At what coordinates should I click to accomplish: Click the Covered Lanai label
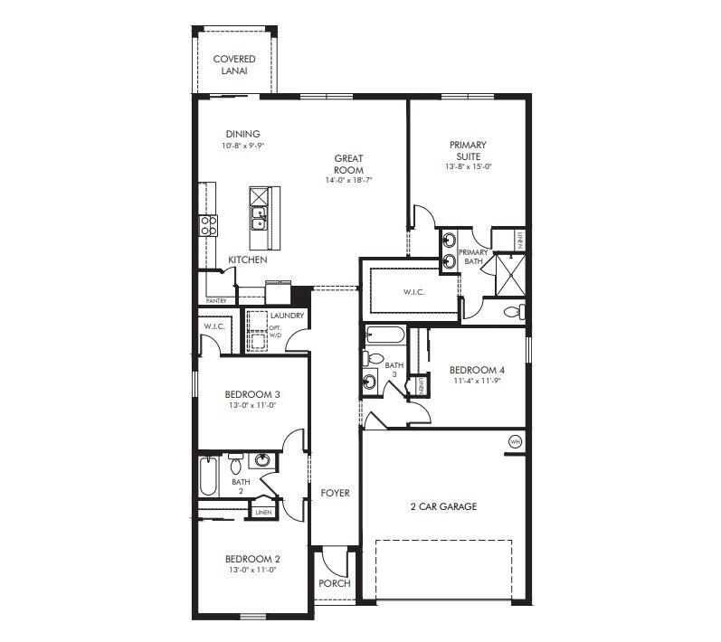click(x=233, y=64)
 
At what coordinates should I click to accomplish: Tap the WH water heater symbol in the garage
click(x=515, y=441)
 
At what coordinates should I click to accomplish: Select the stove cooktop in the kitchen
click(x=209, y=225)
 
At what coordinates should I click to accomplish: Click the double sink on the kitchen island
click(x=259, y=217)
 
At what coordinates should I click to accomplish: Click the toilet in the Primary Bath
click(x=513, y=312)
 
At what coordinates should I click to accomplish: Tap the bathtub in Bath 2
click(x=209, y=477)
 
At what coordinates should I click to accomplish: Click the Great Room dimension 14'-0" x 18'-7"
click(x=348, y=181)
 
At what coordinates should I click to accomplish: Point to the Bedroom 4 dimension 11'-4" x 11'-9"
click(x=477, y=381)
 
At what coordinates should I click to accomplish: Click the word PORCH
click(x=334, y=583)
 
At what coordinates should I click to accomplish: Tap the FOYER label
click(x=335, y=493)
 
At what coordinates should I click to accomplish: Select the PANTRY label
click(x=216, y=301)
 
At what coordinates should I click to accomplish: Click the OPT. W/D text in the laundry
click(x=275, y=331)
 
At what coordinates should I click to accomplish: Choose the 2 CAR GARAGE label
click(x=443, y=506)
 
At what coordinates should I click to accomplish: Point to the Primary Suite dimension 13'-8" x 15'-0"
click(x=468, y=166)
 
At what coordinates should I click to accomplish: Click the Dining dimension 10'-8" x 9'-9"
click(x=242, y=146)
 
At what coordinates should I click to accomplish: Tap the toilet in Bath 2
click(x=235, y=465)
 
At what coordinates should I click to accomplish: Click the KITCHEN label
click(x=247, y=260)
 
